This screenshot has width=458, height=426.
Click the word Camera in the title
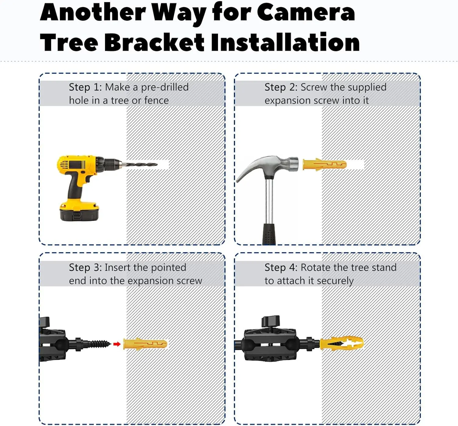306,13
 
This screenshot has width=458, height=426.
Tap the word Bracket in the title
154,42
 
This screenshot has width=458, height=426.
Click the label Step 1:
85,87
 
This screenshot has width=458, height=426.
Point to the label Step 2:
281,87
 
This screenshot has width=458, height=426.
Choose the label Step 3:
85,268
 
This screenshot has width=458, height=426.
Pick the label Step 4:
281,268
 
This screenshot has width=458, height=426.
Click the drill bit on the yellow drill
140,164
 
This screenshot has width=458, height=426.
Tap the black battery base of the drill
79,214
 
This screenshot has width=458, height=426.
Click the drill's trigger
88,178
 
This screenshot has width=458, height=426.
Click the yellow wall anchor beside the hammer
325,164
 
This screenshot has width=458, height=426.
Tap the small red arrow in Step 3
117,344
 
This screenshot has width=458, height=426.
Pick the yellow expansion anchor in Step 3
145,344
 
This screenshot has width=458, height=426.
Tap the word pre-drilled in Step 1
165,87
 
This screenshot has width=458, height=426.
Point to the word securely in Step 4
335,281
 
